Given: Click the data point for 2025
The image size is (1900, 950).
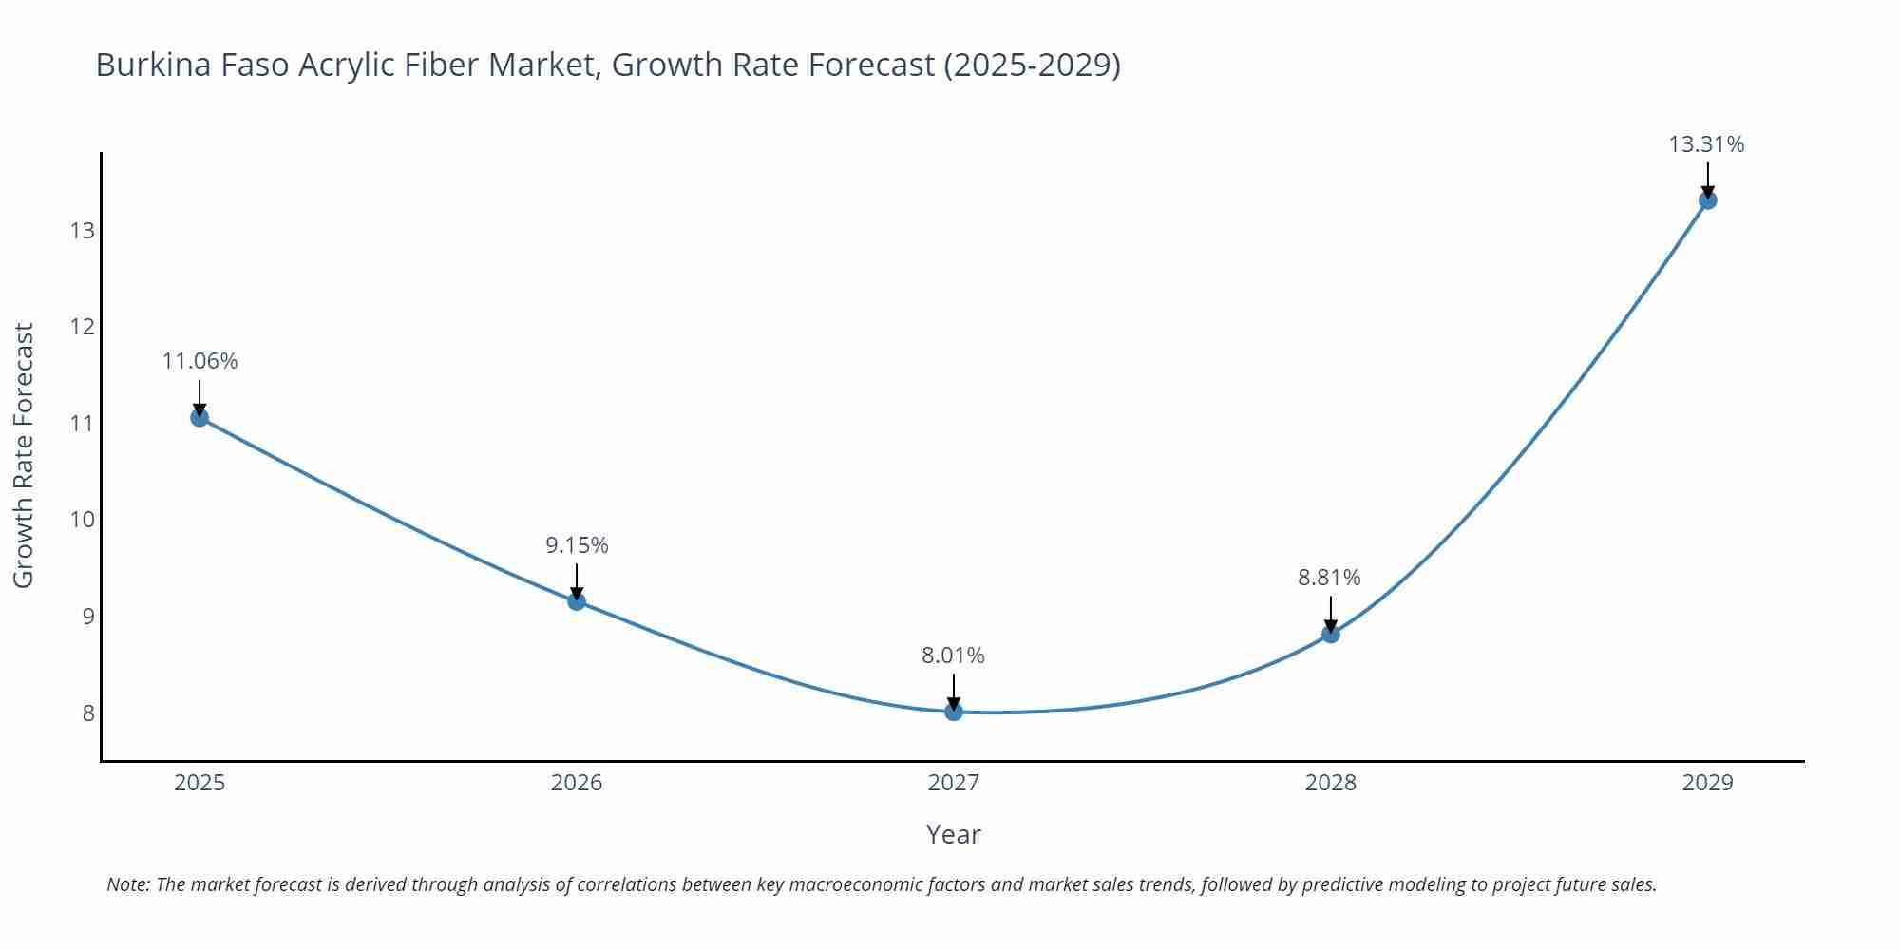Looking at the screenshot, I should [199, 417].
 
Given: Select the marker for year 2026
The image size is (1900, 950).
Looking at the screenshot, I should [577, 601].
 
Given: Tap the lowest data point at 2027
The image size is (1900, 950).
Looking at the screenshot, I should [954, 712].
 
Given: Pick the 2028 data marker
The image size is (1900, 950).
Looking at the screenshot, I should [1331, 634].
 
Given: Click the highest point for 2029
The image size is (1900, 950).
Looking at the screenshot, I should [1708, 200].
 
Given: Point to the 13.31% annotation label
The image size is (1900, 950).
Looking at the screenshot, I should [1706, 144].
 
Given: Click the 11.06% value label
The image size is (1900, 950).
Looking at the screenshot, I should [199, 361].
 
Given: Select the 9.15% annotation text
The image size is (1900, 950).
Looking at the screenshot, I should [577, 545].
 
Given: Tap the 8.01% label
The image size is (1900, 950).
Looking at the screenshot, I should [953, 655].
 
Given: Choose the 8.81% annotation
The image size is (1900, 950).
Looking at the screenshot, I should [1329, 578].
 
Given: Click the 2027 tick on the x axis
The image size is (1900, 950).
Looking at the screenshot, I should [954, 783].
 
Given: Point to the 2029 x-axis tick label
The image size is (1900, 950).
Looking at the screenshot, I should [1707, 783].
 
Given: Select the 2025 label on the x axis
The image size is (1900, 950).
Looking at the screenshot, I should [199, 783].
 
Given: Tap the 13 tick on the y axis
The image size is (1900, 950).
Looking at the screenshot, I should [82, 231].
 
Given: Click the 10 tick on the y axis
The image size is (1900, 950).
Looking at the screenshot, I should [82, 520].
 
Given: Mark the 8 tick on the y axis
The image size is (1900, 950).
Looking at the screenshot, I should [88, 712].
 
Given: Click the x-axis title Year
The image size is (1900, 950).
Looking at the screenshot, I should [953, 834].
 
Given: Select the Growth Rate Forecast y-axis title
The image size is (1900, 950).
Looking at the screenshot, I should [24, 455].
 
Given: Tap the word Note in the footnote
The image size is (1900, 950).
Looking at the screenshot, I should [127, 884].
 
